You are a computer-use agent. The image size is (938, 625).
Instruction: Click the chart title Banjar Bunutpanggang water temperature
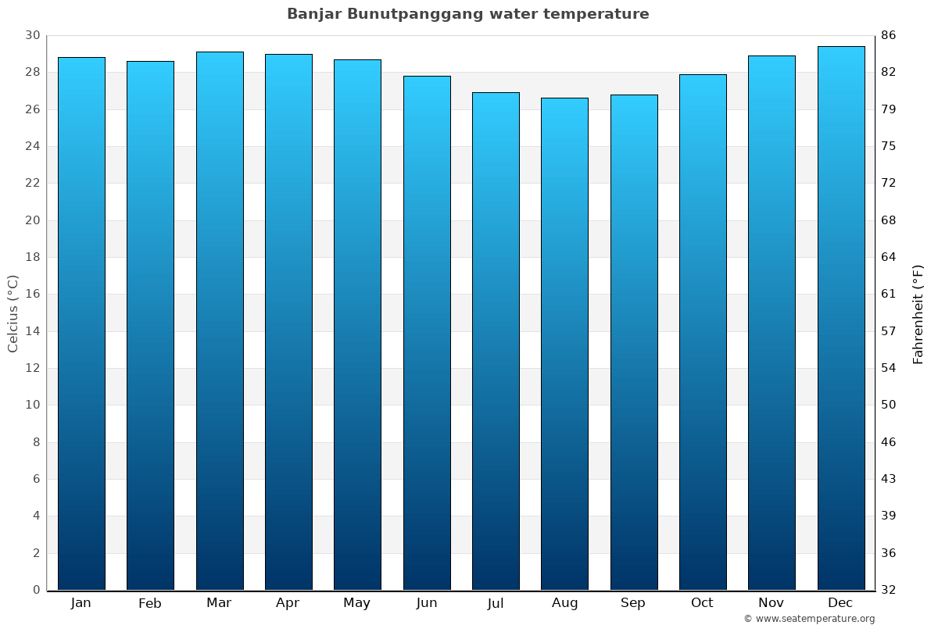pos(467,14)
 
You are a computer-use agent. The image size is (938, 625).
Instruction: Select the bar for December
pos(841,318)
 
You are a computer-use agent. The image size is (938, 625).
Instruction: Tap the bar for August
pos(564,344)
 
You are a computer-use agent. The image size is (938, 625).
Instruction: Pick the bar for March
pos(220,320)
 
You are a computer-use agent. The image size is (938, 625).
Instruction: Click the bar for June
pos(427,333)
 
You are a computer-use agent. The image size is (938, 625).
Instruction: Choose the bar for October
pos(703,332)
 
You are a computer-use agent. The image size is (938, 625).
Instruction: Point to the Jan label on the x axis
pos(81,603)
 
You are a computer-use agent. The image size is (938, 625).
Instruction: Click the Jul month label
pos(496,603)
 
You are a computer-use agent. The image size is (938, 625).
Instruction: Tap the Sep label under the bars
pos(633,603)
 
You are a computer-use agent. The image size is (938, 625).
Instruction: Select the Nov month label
pos(772,603)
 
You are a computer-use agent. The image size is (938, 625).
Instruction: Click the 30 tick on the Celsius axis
pos(32,35)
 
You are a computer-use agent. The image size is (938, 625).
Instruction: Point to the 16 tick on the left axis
pos(32,295)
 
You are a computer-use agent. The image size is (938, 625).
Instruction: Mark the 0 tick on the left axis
pos(36,590)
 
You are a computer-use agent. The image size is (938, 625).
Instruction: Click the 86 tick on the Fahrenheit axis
pos(889,35)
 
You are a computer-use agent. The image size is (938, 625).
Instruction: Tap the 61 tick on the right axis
pos(889,295)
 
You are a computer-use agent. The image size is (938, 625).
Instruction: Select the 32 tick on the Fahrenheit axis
pos(889,590)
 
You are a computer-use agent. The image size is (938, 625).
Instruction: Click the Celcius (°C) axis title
pos(13,313)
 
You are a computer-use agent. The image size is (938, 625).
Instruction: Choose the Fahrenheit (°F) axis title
pos(918,313)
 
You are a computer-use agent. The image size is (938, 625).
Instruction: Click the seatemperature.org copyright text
pos(809,619)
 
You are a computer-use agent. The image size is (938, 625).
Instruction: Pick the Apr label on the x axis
pos(288,603)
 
